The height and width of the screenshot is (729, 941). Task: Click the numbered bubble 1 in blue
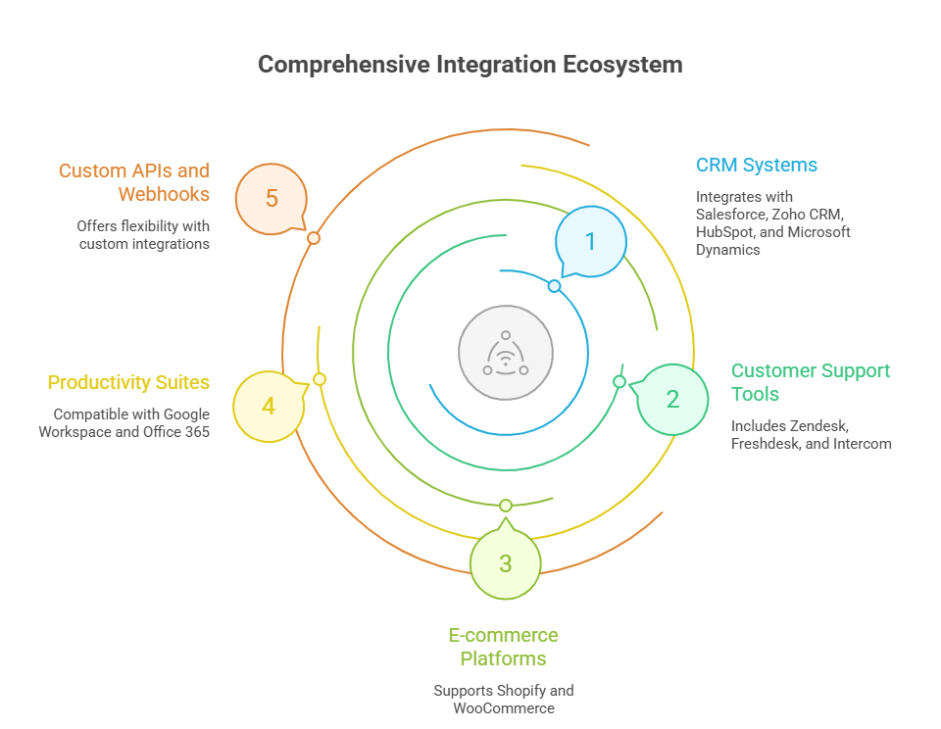(590, 241)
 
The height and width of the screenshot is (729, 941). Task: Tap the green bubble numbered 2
(672, 399)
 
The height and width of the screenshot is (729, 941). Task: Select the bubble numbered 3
(506, 563)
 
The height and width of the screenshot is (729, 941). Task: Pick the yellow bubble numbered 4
(269, 405)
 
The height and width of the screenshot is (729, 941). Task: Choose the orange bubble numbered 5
(272, 199)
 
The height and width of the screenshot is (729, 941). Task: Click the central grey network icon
(506, 353)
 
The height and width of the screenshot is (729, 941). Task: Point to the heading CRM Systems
(756, 165)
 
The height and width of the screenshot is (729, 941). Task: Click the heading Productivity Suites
(128, 382)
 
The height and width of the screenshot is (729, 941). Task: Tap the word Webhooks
(164, 194)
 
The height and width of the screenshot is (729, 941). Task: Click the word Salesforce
(728, 214)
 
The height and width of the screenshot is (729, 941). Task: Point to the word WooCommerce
(504, 708)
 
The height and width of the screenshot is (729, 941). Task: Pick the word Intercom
(863, 443)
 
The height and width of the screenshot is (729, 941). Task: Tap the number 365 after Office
(195, 431)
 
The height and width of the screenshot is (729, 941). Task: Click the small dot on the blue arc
(554, 286)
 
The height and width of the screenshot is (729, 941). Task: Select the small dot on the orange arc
(314, 238)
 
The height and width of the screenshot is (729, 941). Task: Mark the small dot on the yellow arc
(319, 379)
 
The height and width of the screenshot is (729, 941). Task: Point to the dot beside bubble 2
(619, 381)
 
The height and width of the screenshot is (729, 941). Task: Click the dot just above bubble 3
(506, 506)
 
